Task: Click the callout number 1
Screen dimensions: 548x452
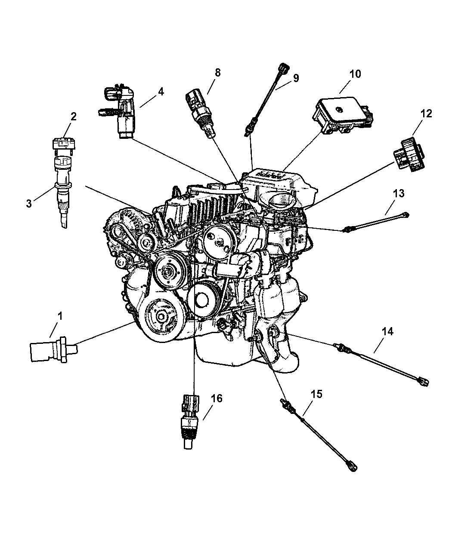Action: (x=59, y=316)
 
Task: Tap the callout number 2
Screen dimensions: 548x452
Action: (x=73, y=116)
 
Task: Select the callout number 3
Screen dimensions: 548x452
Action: (x=29, y=203)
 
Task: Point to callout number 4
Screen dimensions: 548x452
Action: (x=161, y=92)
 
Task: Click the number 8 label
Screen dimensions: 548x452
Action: (x=218, y=73)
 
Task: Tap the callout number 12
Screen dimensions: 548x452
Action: (x=426, y=113)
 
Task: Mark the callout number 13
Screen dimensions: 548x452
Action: (x=399, y=193)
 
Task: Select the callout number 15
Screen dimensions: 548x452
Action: (x=316, y=394)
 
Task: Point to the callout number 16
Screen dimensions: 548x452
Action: (x=217, y=398)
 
